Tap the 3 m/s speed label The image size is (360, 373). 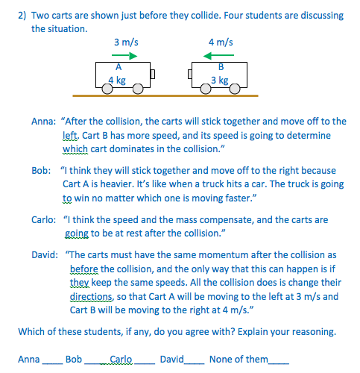(124, 43)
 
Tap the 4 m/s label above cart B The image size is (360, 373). (221, 43)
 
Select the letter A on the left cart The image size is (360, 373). (118, 68)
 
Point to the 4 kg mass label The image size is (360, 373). (117, 79)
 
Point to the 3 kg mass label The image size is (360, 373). (219, 80)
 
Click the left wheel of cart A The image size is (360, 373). (108, 88)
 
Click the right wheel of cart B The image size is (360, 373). (236, 88)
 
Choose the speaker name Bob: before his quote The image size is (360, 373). (41, 171)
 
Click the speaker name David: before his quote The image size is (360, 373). (44, 254)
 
